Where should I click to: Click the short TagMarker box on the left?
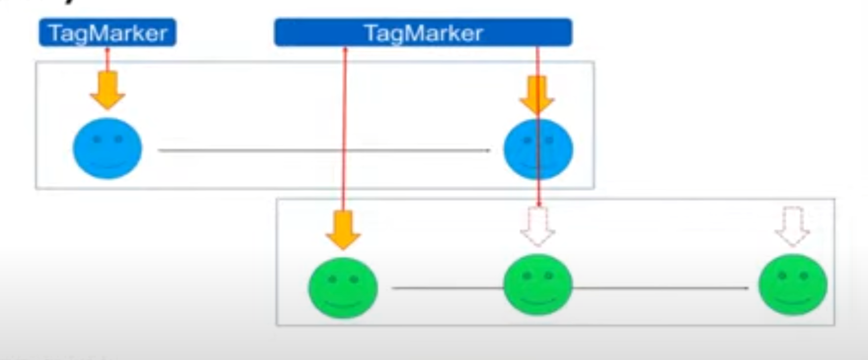[107, 33]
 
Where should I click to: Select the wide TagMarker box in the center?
[423, 33]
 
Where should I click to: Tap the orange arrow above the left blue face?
[107, 90]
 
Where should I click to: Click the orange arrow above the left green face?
[343, 230]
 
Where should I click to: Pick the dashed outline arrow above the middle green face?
[538, 226]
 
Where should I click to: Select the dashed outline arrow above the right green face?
[792, 226]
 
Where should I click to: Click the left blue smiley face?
[107, 148]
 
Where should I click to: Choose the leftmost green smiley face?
[343, 288]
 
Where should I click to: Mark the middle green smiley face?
[538, 285]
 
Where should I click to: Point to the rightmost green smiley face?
[793, 285]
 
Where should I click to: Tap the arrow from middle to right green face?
[660, 288]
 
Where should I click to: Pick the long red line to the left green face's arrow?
[345, 128]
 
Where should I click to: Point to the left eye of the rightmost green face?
[782, 276]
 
